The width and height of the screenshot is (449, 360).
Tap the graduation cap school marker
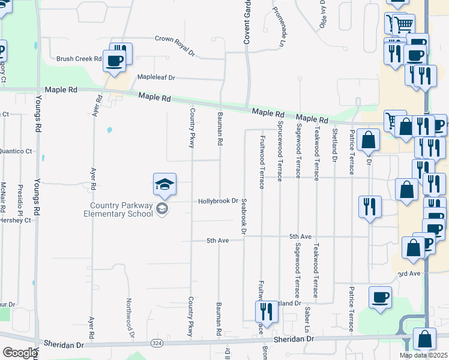tap(164, 185)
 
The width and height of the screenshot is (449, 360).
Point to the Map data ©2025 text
tap(424, 355)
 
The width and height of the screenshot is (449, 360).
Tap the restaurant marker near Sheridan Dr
tap(265, 312)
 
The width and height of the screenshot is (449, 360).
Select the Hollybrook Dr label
tap(218, 202)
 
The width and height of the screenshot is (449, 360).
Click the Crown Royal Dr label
tap(175, 38)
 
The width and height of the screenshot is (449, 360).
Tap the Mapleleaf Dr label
tap(155, 77)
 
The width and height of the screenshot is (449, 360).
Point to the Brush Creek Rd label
tap(79, 59)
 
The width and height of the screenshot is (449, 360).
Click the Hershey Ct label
tap(16, 220)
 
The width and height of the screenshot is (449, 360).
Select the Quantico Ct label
tap(16, 151)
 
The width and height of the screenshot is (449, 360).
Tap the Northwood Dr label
tap(128, 313)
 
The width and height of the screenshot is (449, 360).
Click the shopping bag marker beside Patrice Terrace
tap(368, 140)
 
